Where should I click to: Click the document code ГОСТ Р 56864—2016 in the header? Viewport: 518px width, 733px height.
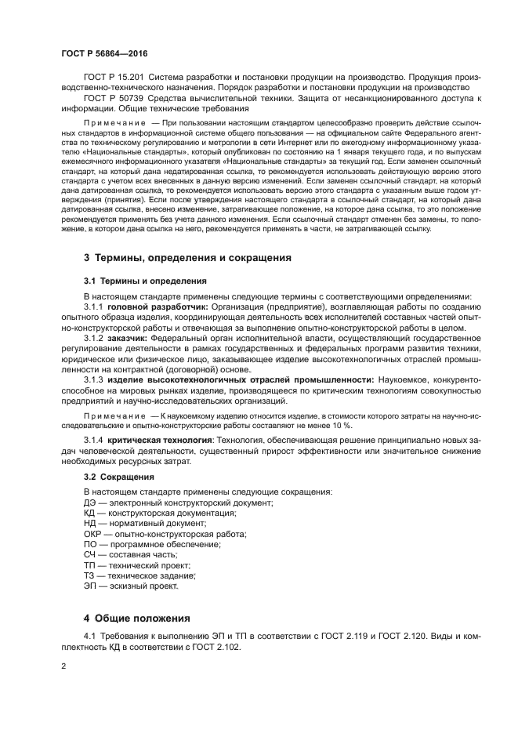click(x=104, y=54)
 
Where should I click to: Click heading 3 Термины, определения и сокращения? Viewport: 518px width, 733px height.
click(x=187, y=257)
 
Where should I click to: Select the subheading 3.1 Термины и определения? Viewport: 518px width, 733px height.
click(x=145, y=280)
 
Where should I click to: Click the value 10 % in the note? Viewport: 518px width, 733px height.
click(x=342, y=424)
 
